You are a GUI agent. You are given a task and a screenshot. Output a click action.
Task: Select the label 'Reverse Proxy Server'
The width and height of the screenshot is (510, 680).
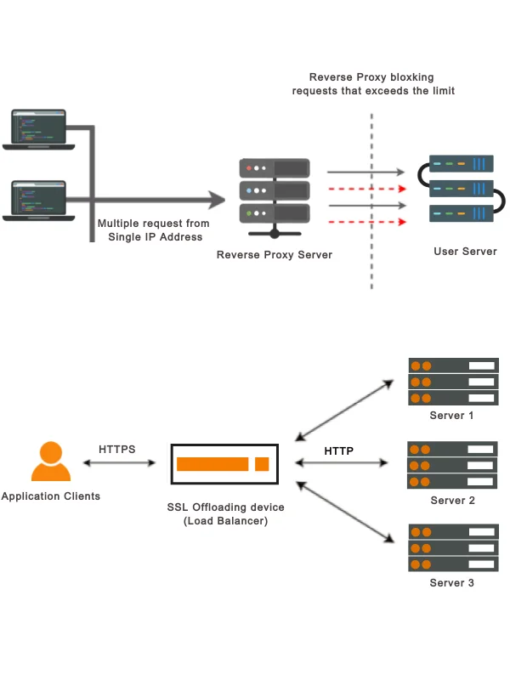click(x=275, y=254)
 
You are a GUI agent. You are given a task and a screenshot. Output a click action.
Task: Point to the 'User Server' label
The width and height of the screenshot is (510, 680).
click(x=465, y=252)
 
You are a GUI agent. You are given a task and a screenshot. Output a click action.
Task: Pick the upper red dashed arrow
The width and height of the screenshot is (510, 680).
click(x=366, y=189)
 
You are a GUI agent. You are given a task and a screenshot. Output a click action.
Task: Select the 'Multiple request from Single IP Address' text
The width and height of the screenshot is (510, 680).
click(x=154, y=230)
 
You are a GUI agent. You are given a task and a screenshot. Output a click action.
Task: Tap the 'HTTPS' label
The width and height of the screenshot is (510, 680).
click(x=117, y=449)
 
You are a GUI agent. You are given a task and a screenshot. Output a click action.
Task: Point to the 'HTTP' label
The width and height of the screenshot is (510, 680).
click(x=338, y=450)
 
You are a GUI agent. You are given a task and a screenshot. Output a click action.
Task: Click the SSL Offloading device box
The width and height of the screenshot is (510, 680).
click(x=224, y=464)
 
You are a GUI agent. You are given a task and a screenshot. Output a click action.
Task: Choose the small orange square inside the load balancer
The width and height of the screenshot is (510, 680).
click(x=262, y=464)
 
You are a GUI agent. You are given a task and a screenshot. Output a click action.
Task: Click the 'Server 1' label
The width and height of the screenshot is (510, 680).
click(x=452, y=416)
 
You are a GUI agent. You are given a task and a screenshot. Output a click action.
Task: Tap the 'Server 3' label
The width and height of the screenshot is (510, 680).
click(x=452, y=583)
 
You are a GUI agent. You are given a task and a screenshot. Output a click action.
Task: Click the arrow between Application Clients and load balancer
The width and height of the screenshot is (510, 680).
click(x=119, y=463)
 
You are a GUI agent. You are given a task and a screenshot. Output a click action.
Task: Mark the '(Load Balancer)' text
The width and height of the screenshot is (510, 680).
click(x=226, y=521)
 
